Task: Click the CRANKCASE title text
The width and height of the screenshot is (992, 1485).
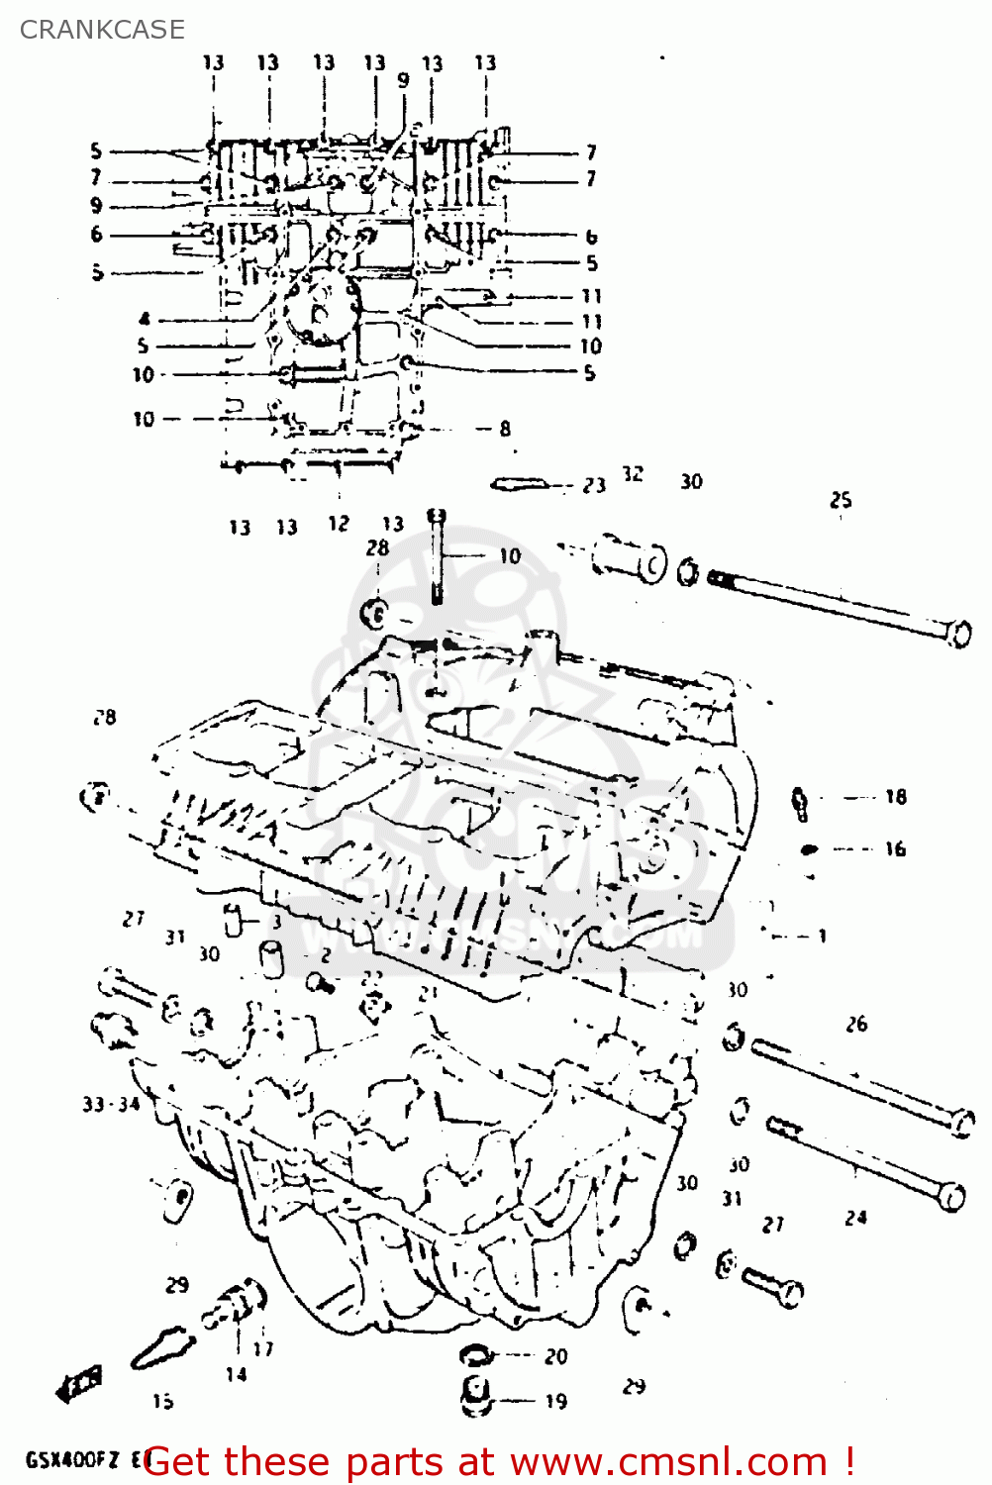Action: coord(102,30)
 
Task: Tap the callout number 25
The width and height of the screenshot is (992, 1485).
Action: coord(841,500)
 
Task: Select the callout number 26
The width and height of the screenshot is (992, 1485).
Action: coord(856,1025)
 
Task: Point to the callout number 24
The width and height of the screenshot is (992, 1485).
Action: coord(855,1218)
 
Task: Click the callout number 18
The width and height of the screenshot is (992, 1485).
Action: coord(895,797)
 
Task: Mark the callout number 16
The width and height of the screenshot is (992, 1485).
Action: coord(895,848)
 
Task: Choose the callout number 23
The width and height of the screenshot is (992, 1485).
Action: coord(593,485)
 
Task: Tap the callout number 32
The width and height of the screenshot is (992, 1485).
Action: coord(633,474)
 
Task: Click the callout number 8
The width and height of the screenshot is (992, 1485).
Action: coord(505,429)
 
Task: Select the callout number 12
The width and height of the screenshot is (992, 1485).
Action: coord(339,524)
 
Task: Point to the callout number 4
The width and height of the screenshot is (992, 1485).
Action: coord(145,319)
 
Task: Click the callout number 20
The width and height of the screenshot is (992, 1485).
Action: coord(555,1356)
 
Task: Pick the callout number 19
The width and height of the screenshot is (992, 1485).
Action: coord(555,1401)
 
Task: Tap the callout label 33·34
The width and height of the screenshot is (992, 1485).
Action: coord(111,1104)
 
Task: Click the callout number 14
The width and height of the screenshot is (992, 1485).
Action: coord(236,1374)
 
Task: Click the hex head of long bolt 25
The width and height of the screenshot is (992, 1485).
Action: coord(958,633)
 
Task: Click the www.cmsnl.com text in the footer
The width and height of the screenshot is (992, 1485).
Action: coord(668,1462)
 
